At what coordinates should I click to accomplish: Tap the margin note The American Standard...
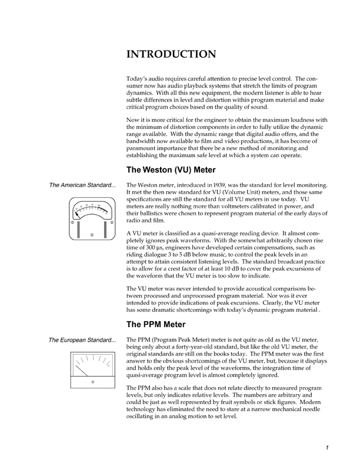click(x=83, y=186)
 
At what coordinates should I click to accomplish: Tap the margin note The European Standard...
click(x=83, y=339)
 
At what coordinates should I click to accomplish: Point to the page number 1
click(x=326, y=447)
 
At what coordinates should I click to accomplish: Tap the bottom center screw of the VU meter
click(x=92, y=235)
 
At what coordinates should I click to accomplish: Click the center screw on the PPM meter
click(x=92, y=382)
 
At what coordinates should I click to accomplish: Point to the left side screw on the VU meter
click(x=72, y=222)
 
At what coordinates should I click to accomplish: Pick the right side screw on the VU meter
click(x=112, y=222)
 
